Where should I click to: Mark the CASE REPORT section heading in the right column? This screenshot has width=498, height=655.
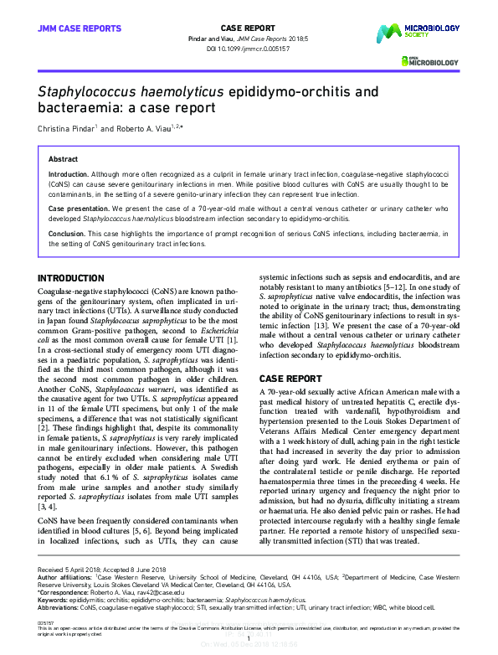pos(290,379)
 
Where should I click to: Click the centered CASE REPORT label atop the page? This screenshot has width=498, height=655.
pos(249,28)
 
